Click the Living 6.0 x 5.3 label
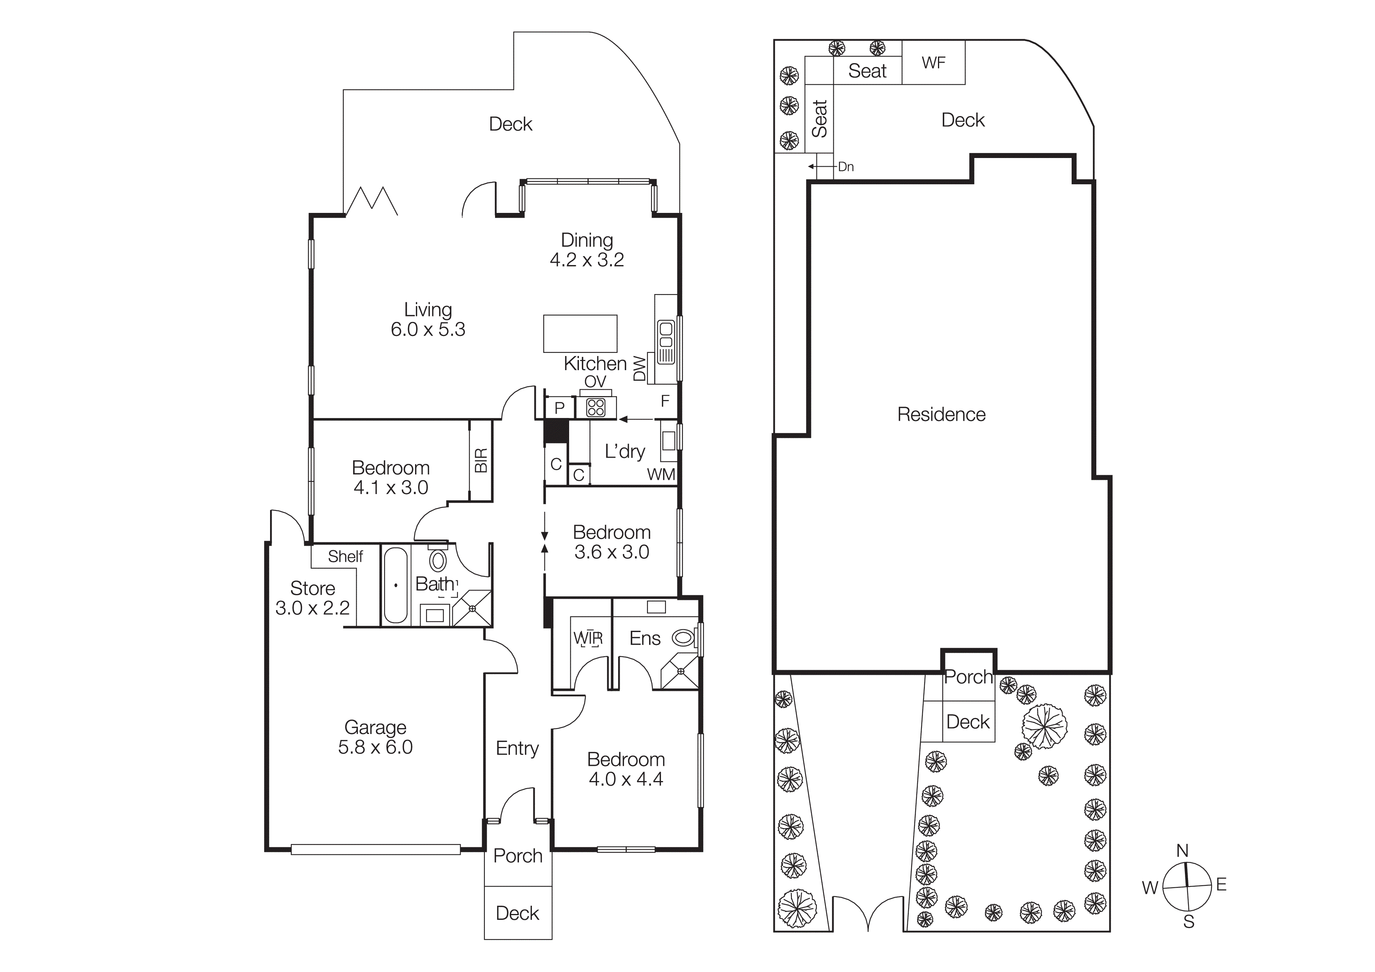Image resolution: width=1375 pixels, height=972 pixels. tap(428, 319)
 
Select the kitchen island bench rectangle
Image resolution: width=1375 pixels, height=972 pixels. tap(580, 334)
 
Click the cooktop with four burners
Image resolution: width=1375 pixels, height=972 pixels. tap(596, 408)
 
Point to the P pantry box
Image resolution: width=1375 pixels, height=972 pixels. tap(559, 408)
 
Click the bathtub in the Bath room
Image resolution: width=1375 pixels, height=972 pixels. tap(395, 585)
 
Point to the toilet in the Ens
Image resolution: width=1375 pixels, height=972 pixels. tap(683, 638)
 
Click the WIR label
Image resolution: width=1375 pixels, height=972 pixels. tap(588, 638)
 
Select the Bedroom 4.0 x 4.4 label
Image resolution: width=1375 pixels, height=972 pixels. tap(626, 769)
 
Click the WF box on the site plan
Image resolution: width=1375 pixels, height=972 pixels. tap(933, 62)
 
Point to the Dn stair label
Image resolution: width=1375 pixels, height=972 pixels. tap(845, 167)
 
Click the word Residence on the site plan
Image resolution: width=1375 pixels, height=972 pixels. tap(941, 414)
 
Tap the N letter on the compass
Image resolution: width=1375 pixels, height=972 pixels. tap(1182, 850)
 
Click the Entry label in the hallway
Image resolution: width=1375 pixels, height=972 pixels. tap(517, 748)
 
